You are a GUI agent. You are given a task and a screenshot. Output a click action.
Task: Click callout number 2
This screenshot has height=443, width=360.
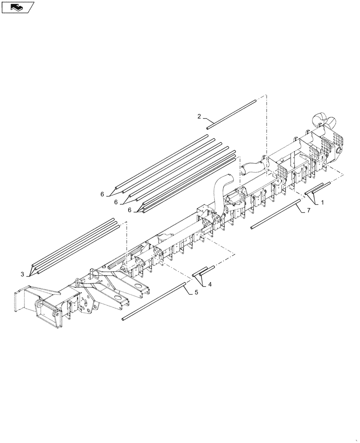point(200,117)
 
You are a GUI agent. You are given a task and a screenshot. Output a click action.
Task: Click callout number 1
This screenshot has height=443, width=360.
point(322,202)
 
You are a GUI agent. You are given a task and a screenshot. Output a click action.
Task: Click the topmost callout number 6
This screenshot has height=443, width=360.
point(102,194)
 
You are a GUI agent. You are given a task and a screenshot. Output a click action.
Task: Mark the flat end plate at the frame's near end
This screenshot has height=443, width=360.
point(20,301)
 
